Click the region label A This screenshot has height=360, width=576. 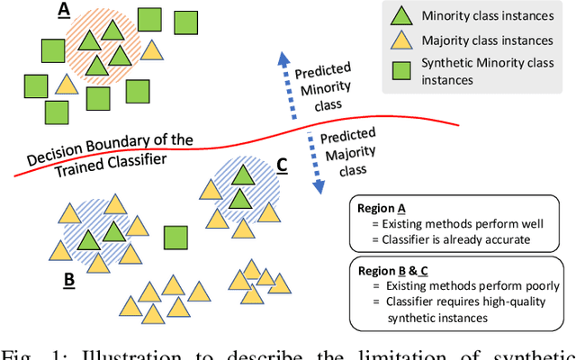(64, 10)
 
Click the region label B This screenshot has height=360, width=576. (68, 280)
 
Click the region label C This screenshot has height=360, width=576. (282, 164)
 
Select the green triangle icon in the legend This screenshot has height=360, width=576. (401, 16)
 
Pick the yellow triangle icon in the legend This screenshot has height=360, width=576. (401, 40)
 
